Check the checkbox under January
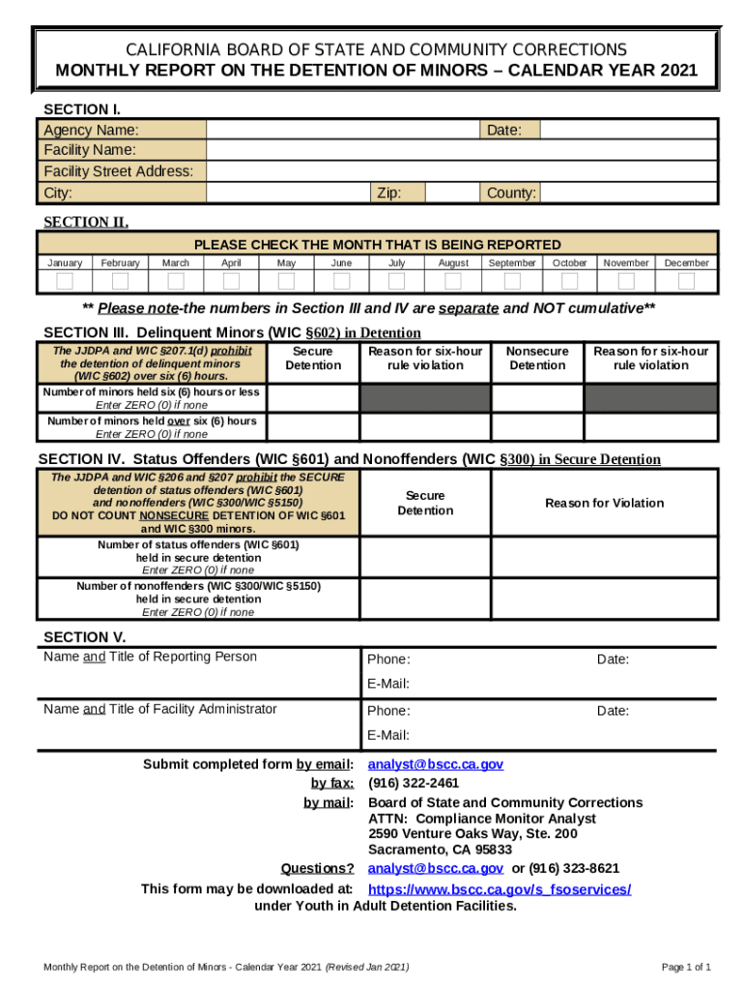click(x=65, y=281)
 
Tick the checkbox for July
click(x=397, y=281)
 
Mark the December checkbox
click(x=686, y=281)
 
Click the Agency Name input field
click(x=343, y=130)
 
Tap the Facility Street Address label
click(x=119, y=171)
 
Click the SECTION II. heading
click(x=86, y=222)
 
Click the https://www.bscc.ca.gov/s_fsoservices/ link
click(x=500, y=888)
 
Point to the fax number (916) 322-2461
click(x=414, y=783)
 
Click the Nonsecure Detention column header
click(x=537, y=359)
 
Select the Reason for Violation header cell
click(x=604, y=503)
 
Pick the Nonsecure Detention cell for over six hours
click(x=537, y=426)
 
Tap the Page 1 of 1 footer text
click(x=686, y=967)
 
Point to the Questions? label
click(x=317, y=868)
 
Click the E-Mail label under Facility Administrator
click(x=388, y=736)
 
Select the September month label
click(x=512, y=263)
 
